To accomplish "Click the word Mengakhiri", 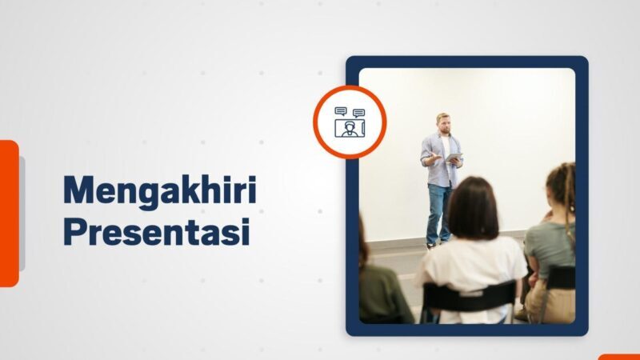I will pyautogui.click(x=159, y=192).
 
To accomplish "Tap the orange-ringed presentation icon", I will pyautogui.click(x=350, y=122).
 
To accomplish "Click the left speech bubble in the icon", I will pyautogui.click(x=341, y=111).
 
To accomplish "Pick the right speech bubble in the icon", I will pyautogui.click(x=358, y=113).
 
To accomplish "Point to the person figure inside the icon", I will pyautogui.click(x=349, y=129).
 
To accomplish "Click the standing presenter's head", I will pyautogui.click(x=443, y=122).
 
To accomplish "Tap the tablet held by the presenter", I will pyautogui.click(x=454, y=158).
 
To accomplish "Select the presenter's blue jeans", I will pyautogui.click(x=438, y=210).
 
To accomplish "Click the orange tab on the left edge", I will pyautogui.click(x=9, y=213).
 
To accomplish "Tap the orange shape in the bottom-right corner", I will pyautogui.click(x=619, y=357).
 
